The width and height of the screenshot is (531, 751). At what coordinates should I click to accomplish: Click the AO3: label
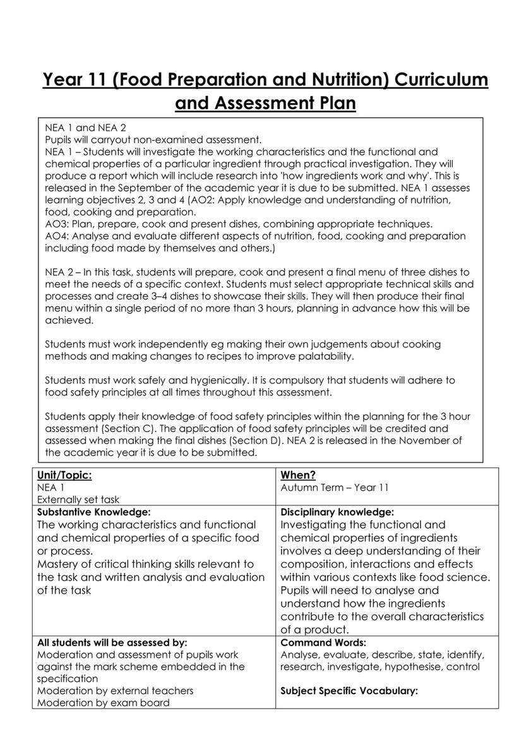58,224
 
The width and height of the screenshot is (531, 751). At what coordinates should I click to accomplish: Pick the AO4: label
58,236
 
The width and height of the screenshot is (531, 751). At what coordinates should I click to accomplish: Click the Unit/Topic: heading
60,475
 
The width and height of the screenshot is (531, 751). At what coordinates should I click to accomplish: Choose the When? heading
298,475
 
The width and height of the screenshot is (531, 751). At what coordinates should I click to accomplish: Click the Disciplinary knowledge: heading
337,512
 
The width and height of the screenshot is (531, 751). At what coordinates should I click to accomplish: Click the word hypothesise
414,666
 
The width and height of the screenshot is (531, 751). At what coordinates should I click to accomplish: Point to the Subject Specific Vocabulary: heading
349,690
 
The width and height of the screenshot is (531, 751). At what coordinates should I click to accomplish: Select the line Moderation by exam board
103,702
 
